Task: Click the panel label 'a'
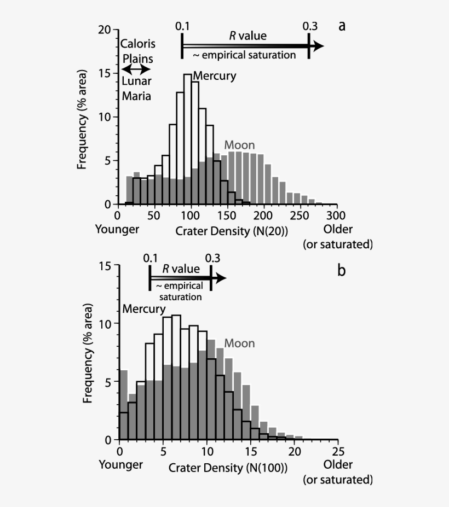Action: [x=342, y=26]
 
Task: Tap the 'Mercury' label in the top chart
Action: [x=214, y=76]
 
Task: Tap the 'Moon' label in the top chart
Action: [x=239, y=145]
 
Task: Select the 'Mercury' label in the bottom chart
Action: [x=143, y=309]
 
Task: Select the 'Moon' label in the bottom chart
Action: [x=239, y=343]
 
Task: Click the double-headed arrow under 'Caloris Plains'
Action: [x=135, y=69]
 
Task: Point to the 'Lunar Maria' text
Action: [x=136, y=89]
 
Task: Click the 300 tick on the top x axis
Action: [x=337, y=215]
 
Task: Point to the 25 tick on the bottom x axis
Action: [x=338, y=451]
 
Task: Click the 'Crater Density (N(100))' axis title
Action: [x=228, y=468]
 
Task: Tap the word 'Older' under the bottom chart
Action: [x=338, y=465]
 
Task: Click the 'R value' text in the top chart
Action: [x=248, y=36]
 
